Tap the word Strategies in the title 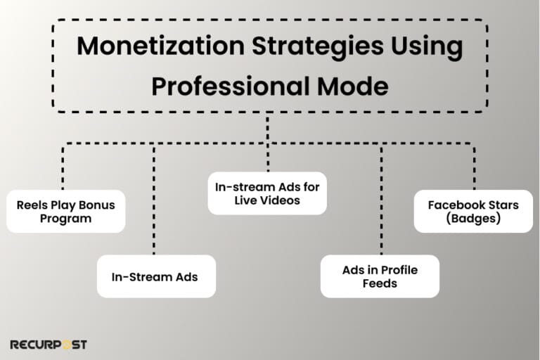coord(297,47)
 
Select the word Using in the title coord(422,47)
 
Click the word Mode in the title coord(351,86)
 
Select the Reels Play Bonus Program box coord(65,211)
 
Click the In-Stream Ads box coord(155,276)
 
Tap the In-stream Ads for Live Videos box coord(267,193)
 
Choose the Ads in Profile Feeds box coord(380,276)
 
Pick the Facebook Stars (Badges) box coord(473,211)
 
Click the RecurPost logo coord(48,345)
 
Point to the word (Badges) coord(473,218)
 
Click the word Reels coord(33,205)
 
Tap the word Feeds coord(380,283)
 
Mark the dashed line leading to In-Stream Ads coord(154,204)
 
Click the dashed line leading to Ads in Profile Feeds coord(382,204)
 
